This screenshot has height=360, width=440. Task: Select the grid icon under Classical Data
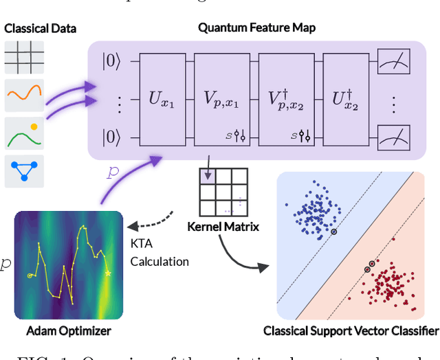tap(24, 58)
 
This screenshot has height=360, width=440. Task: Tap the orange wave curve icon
tap(24, 95)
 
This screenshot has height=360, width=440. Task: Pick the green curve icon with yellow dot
tap(24, 133)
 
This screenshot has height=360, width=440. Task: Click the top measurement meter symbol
tap(393, 64)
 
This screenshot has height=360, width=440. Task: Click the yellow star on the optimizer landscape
tap(107, 273)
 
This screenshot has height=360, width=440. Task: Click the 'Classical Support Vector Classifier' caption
tap(351, 331)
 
